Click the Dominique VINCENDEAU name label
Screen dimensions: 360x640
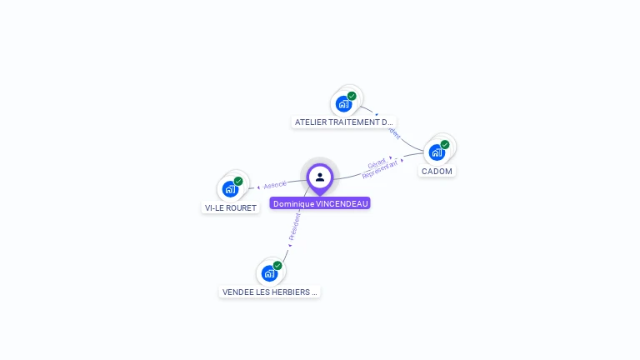click(320, 203)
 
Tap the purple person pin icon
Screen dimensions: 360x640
click(320, 177)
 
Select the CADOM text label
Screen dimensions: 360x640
click(437, 171)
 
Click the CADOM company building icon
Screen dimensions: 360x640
click(436, 152)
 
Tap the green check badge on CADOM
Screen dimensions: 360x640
click(445, 145)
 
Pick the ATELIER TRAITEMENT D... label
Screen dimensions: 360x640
click(343, 122)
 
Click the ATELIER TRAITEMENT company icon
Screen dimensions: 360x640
click(342, 104)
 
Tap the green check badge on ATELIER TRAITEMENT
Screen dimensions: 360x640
click(352, 97)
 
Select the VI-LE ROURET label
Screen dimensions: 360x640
click(231, 207)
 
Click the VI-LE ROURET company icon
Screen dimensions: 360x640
click(230, 189)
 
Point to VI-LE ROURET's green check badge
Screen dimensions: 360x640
click(238, 182)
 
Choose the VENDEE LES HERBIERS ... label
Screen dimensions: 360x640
click(270, 292)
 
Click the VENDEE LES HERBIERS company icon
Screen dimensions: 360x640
click(269, 273)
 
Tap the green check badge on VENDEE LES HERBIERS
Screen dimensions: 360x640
click(277, 266)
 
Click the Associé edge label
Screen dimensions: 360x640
click(275, 184)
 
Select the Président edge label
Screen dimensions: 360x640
click(294, 226)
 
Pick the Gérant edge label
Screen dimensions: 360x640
click(377, 164)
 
